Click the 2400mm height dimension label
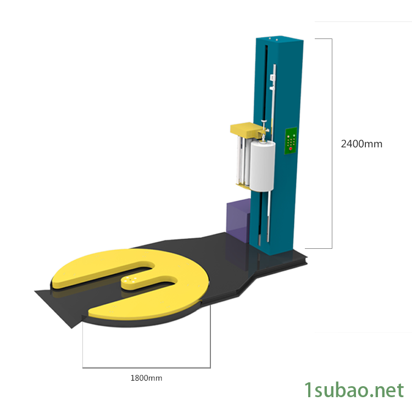361,144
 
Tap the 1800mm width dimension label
146,378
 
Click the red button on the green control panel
291,148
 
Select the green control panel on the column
291,141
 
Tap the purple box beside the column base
238,220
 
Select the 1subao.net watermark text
354,390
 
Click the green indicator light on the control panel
294,136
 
